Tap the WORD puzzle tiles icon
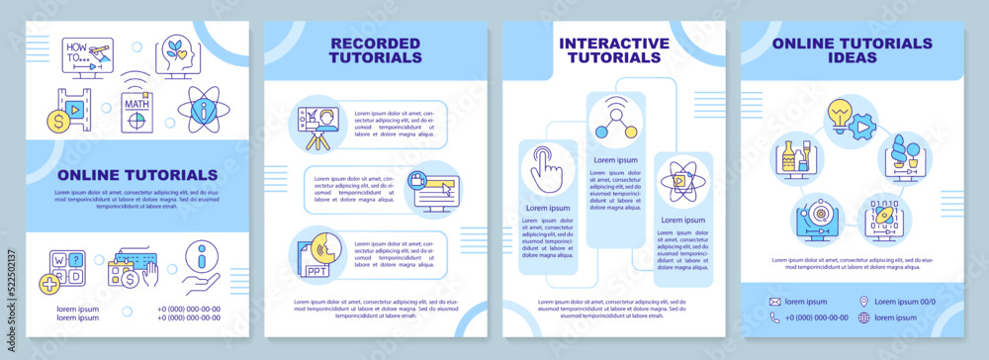point(64,267)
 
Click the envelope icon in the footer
point(774,301)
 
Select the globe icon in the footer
point(863,317)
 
